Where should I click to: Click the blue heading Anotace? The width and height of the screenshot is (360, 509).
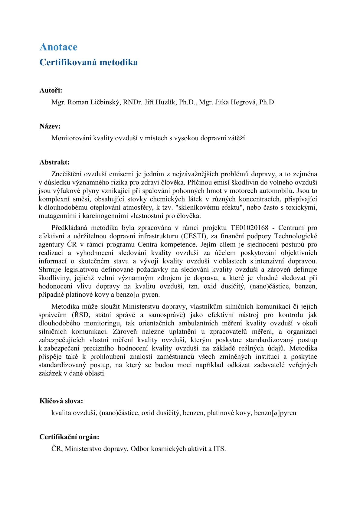[58, 47]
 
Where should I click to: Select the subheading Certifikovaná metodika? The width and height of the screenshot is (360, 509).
[89, 62]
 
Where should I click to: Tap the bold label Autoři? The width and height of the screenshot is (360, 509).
[51, 90]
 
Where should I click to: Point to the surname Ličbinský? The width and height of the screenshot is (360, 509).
[106, 102]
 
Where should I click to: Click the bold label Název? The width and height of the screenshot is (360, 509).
[50, 126]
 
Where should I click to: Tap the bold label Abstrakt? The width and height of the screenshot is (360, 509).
[54, 162]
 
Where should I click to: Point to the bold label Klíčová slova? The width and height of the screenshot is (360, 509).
[61, 401]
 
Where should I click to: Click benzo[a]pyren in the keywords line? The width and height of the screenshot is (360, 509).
[275, 413]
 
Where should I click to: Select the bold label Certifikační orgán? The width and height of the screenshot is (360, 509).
[69, 437]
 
